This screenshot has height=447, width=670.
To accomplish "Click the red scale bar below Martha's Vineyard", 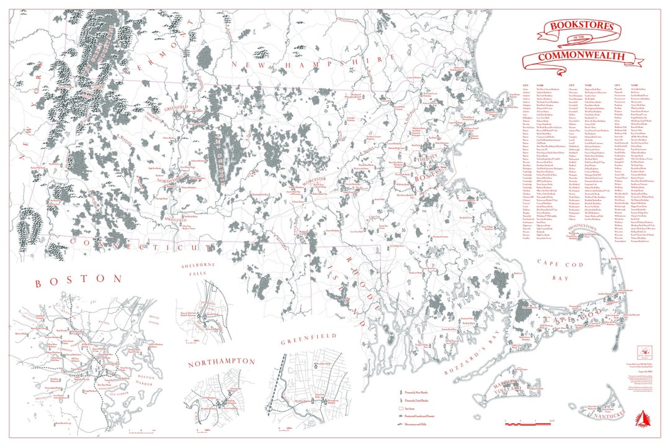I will (x=527, y=422).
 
